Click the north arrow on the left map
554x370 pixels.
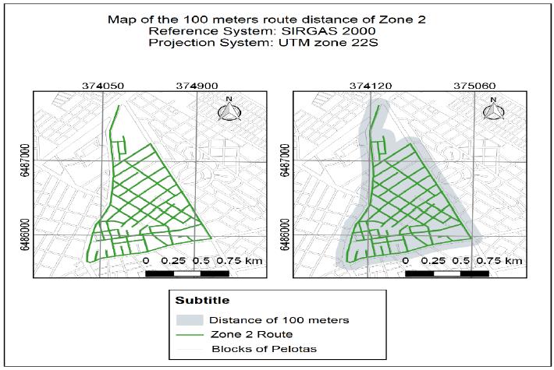point(229,111)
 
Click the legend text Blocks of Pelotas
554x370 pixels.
point(257,348)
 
